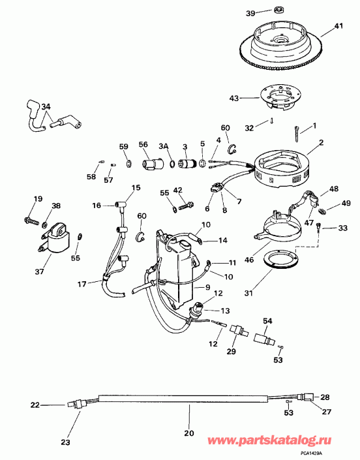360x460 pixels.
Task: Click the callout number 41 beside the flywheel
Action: (338, 26)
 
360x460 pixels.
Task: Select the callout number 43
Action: (233, 99)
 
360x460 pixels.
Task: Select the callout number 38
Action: (56, 206)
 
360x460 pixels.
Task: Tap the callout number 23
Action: (65, 442)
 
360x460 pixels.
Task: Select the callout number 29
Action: (231, 353)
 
